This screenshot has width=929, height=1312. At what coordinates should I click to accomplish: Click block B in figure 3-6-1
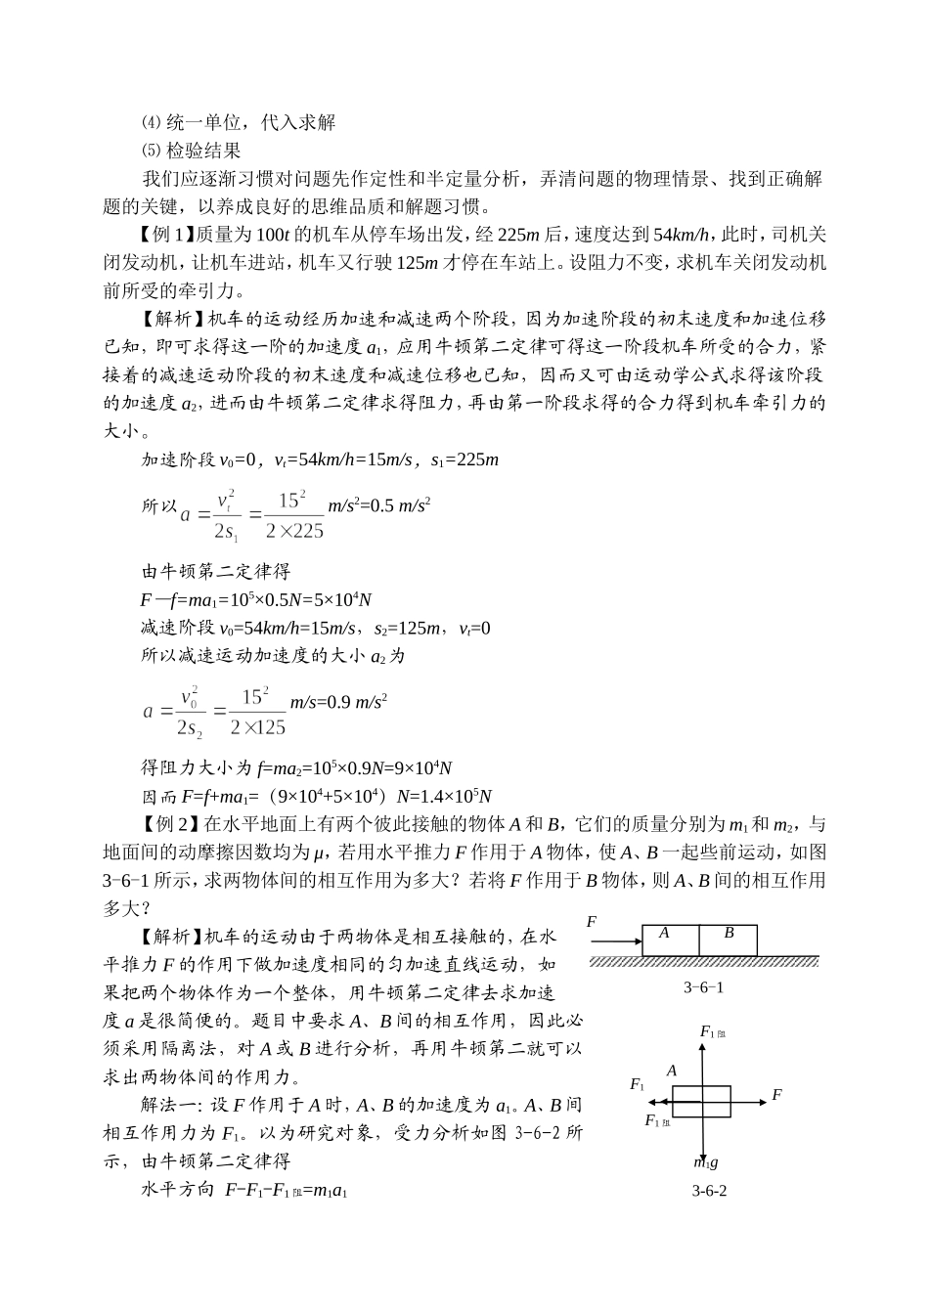coord(728,940)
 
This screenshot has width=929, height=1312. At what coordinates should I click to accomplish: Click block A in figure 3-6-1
coord(670,940)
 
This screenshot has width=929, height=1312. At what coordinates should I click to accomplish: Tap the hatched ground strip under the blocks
coord(703,962)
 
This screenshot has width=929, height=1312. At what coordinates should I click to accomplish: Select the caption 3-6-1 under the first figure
coord(703,987)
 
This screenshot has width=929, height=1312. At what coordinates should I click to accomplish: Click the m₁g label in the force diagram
coord(706,1162)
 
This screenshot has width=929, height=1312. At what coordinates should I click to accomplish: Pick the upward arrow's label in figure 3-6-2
coord(714,1032)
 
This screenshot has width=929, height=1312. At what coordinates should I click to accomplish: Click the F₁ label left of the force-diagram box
coord(638,1085)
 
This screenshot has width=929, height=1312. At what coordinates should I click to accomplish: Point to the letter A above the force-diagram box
coord(672,1071)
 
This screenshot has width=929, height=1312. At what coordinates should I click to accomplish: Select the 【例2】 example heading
coord(168,823)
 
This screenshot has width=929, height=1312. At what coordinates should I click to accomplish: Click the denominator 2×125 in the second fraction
coord(257,727)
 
